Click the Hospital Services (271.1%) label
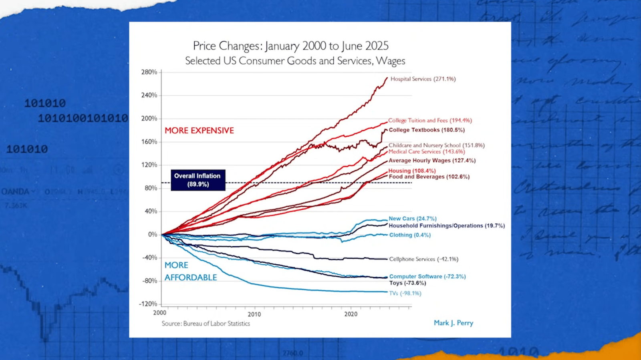point(423,79)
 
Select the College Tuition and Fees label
point(429,120)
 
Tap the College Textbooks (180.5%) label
point(427,130)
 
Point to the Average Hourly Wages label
point(432,161)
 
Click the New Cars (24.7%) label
point(412,219)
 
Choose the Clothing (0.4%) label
point(410,235)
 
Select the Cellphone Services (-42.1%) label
point(423,259)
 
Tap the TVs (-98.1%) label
point(405,293)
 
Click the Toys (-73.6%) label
point(407,283)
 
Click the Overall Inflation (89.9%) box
point(198,180)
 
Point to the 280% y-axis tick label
point(149,72)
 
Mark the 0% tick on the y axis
point(153,234)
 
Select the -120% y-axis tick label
point(148,304)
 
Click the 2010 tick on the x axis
point(254,314)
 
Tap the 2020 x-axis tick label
point(351,314)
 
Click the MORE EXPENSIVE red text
point(199,131)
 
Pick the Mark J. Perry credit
point(453,323)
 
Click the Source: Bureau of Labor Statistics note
point(206,324)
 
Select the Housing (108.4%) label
point(411,171)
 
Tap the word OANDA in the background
point(15,191)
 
